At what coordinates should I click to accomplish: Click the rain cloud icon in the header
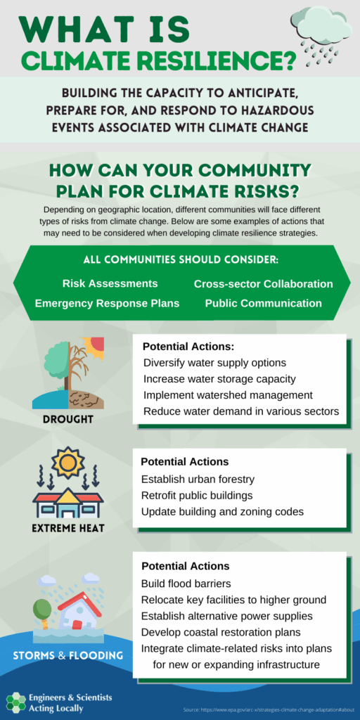tap(321, 37)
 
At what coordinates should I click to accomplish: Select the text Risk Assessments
tap(110, 283)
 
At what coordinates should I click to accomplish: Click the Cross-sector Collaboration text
tap(263, 284)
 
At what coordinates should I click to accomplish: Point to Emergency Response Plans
tap(108, 304)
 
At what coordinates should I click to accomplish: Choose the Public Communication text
tap(264, 303)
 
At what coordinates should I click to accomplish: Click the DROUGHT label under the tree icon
tap(68, 419)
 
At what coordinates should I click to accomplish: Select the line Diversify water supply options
tap(215, 363)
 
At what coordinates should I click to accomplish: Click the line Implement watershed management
tap(229, 395)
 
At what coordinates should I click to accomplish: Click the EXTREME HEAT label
tap(68, 528)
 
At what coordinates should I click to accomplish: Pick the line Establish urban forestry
tap(198, 480)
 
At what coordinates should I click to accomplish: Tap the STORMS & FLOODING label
tap(67, 655)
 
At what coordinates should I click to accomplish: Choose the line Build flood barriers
tap(186, 584)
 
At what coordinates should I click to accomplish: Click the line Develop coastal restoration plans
tap(221, 632)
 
